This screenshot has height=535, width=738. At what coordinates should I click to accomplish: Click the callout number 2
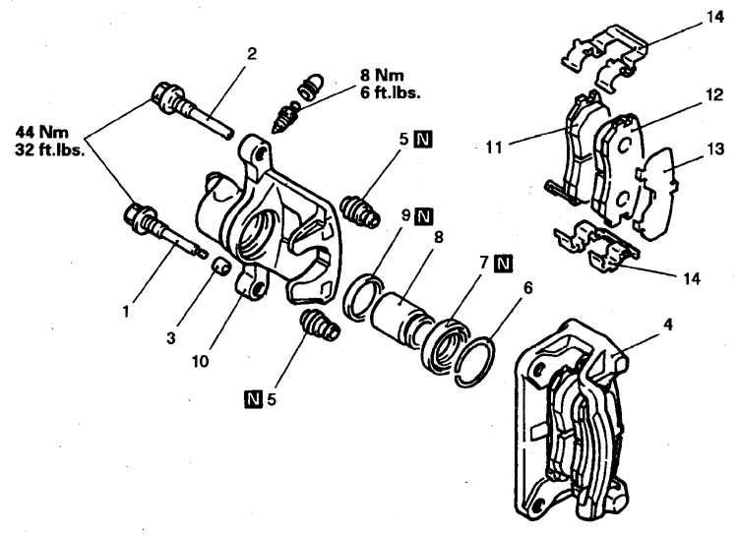click(252, 54)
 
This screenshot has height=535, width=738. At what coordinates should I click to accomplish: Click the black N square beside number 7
click(503, 263)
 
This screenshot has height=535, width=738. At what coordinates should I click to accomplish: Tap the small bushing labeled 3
click(222, 267)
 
